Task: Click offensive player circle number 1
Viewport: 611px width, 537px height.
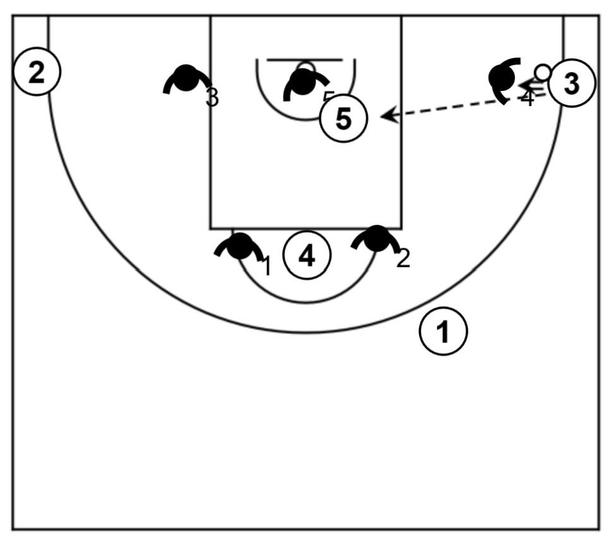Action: [444, 331]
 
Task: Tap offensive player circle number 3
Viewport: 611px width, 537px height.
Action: [571, 83]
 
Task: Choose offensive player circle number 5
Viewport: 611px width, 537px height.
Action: [343, 118]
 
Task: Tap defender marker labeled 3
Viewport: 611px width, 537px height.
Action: [186, 78]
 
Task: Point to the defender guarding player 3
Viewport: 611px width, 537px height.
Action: [503, 78]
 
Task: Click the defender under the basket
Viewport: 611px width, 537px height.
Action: [304, 83]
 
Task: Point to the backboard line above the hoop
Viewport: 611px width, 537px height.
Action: [304, 60]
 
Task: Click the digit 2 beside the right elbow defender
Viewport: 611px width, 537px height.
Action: [403, 258]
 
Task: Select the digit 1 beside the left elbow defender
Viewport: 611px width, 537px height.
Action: [266, 267]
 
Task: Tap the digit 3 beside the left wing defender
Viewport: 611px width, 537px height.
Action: [213, 98]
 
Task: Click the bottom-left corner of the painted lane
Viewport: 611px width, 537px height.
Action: [211, 227]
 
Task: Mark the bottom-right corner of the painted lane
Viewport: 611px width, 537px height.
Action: [401, 227]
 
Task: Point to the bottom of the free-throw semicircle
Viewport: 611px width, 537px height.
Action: [306, 302]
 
